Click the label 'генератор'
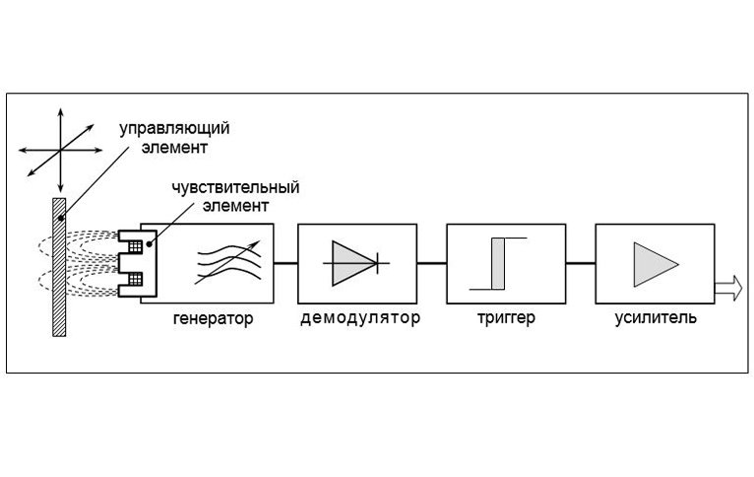click(213, 318)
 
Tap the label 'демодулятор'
click(360, 318)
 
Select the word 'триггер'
click(506, 318)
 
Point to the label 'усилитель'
click(656, 318)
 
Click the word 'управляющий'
click(174, 129)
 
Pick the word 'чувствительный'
click(235, 187)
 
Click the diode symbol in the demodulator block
click(356, 263)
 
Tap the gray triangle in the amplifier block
click(656, 264)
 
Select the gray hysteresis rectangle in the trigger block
click(498, 264)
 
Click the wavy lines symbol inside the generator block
click(229, 262)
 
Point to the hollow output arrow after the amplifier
click(728, 288)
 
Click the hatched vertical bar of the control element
click(59, 267)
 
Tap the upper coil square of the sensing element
click(135, 247)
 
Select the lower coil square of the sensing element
click(135, 279)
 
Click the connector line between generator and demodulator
click(285, 263)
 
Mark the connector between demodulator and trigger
click(431, 263)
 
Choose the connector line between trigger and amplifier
click(581, 263)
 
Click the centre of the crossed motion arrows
click(61, 150)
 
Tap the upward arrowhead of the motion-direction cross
click(61, 112)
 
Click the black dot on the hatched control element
click(61, 219)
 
